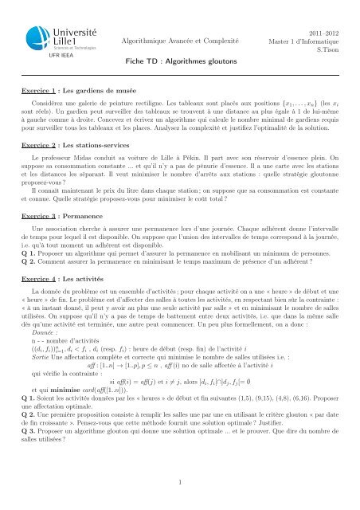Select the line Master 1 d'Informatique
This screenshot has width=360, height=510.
[x=310, y=39]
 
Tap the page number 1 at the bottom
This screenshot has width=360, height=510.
[x=180, y=481]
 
